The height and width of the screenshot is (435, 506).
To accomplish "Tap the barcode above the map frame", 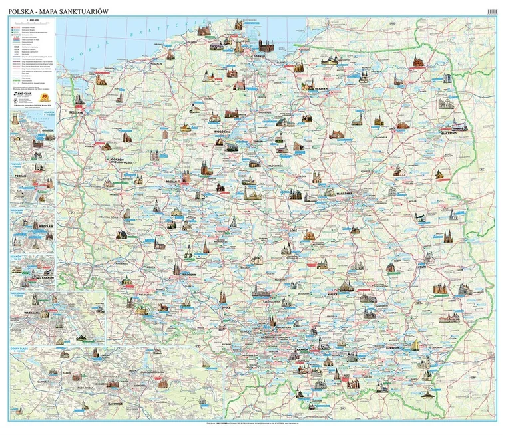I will tap(493, 9).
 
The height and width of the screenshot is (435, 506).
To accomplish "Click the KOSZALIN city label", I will tap(157, 63).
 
